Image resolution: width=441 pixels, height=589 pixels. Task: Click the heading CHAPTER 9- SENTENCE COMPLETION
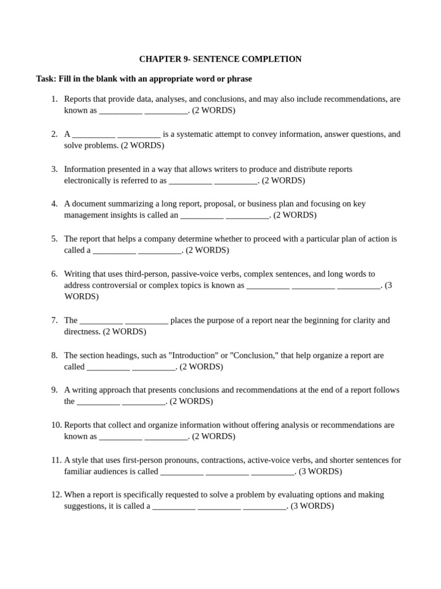(220, 59)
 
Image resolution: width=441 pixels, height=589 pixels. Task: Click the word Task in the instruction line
(46, 78)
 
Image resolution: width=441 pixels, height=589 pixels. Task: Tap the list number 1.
(55, 99)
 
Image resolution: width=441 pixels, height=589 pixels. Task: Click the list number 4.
(55, 204)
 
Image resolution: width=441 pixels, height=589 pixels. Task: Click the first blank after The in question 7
(101, 320)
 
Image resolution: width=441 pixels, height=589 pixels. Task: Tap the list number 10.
(56, 425)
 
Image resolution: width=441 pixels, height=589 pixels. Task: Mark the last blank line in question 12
(264, 507)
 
